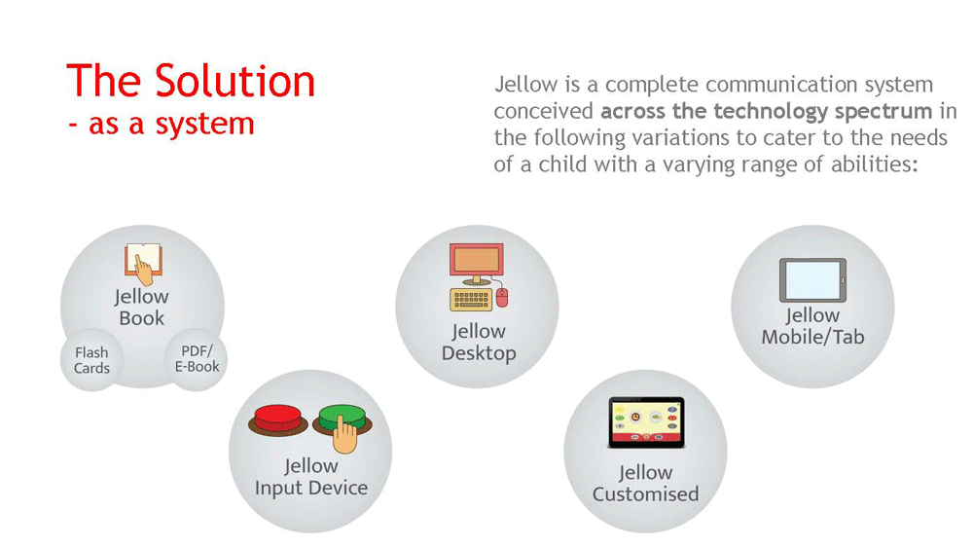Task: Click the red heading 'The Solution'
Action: coord(191,81)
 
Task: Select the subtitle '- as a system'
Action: coord(162,123)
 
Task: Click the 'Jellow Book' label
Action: coord(141,308)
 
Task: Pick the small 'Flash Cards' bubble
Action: coord(91,360)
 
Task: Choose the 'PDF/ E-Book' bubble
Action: coord(197,359)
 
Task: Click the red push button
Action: coord(277,419)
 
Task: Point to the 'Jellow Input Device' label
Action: coord(311,477)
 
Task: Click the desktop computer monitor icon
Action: coord(477,264)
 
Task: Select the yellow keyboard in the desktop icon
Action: coord(471,299)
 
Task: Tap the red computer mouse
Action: coord(501,298)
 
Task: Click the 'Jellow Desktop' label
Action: coord(479,342)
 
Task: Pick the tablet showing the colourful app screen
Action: coord(647,422)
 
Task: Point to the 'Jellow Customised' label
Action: coord(645,483)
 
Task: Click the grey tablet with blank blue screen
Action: coord(812,280)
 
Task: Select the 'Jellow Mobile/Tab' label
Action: coord(812,326)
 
